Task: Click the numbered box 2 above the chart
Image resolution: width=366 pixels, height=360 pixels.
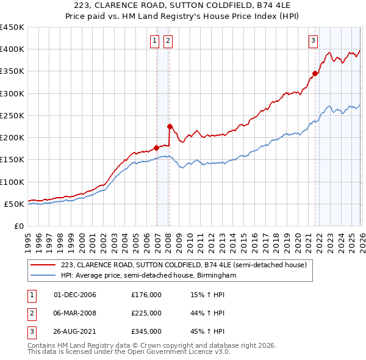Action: point(167,41)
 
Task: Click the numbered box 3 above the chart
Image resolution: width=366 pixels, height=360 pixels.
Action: point(313,41)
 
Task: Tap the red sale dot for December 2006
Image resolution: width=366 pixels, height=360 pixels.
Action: point(156,147)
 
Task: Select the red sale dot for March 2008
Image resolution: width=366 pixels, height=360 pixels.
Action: point(170,126)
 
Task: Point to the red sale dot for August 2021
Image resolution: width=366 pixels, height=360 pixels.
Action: point(315,74)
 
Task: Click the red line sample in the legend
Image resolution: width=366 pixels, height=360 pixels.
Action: point(43,265)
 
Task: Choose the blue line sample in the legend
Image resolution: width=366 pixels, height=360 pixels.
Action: point(43,276)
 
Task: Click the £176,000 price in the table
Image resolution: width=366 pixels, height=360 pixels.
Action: point(146,295)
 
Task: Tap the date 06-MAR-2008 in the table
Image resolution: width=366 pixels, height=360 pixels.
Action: point(75,313)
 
